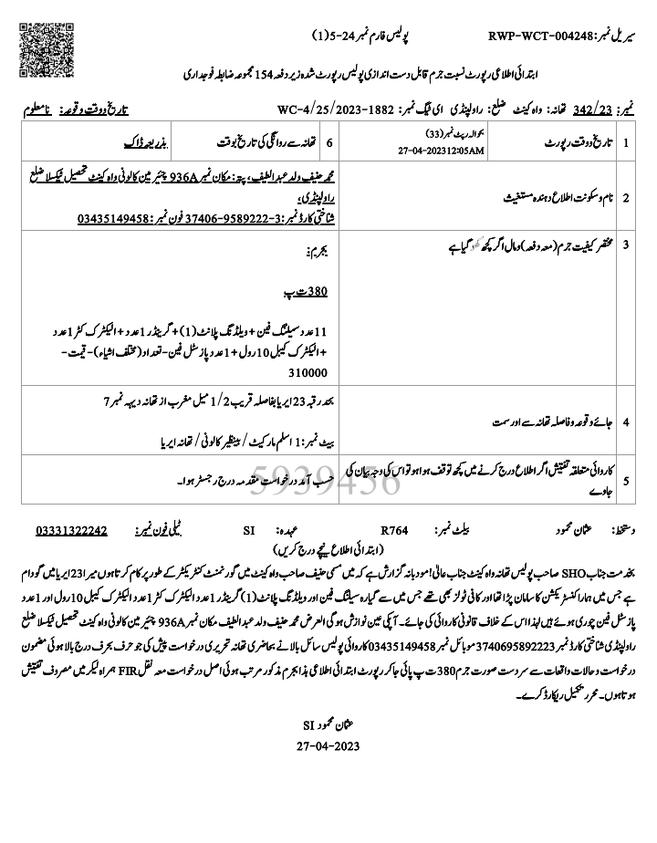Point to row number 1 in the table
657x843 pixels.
pos(626,144)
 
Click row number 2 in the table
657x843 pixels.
pos(626,195)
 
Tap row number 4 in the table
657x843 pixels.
pos(626,422)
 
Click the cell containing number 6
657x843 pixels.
pos(340,144)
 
